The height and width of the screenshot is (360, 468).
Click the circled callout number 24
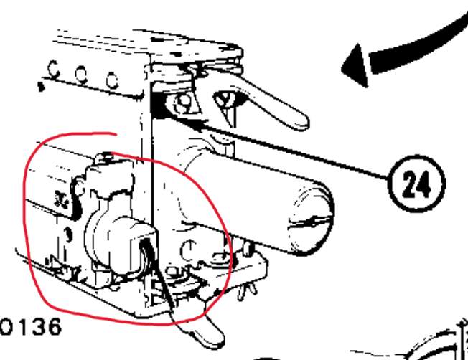(x=416, y=184)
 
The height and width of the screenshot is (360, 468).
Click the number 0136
(x=31, y=327)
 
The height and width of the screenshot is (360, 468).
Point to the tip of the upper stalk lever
(x=303, y=123)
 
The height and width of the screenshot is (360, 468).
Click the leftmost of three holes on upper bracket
(x=53, y=69)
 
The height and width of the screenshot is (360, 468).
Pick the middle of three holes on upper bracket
(x=81, y=75)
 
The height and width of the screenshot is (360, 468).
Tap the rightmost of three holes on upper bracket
(x=112, y=80)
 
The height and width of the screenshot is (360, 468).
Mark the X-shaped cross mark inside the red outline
(x=62, y=199)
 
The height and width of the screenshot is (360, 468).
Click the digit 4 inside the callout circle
(x=424, y=184)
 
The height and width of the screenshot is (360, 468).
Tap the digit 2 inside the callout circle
(x=409, y=184)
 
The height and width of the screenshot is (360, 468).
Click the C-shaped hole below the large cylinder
(x=187, y=250)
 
